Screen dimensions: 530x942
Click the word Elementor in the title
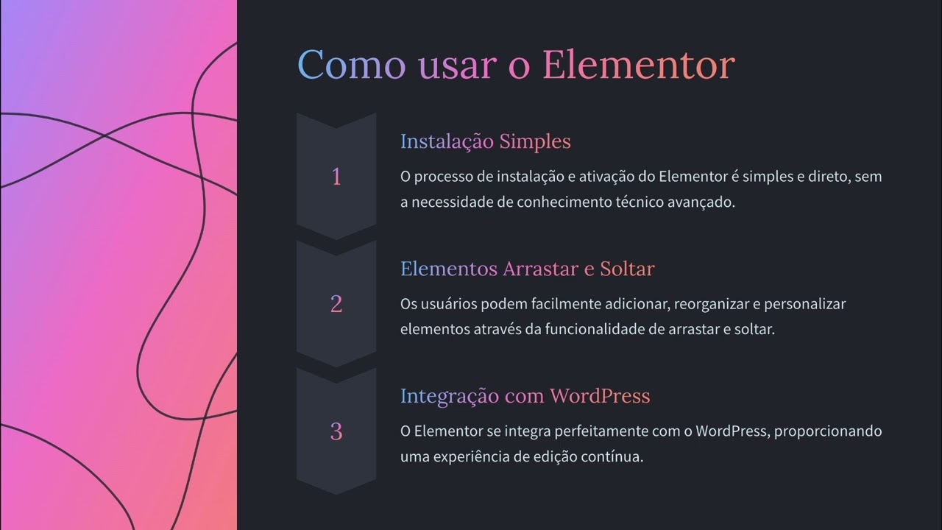[x=638, y=65]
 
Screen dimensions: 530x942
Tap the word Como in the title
[x=351, y=65]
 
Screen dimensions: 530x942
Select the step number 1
[x=336, y=177]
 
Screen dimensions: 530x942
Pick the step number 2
[x=336, y=304]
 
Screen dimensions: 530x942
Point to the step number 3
[x=336, y=431]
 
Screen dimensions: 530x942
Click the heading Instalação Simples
[x=485, y=141]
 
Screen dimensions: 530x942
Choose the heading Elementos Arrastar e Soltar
[x=527, y=269]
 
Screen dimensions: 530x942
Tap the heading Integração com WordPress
[x=525, y=396]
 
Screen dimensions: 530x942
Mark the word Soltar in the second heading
[x=627, y=269]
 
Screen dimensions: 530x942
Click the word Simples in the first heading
[x=535, y=141]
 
